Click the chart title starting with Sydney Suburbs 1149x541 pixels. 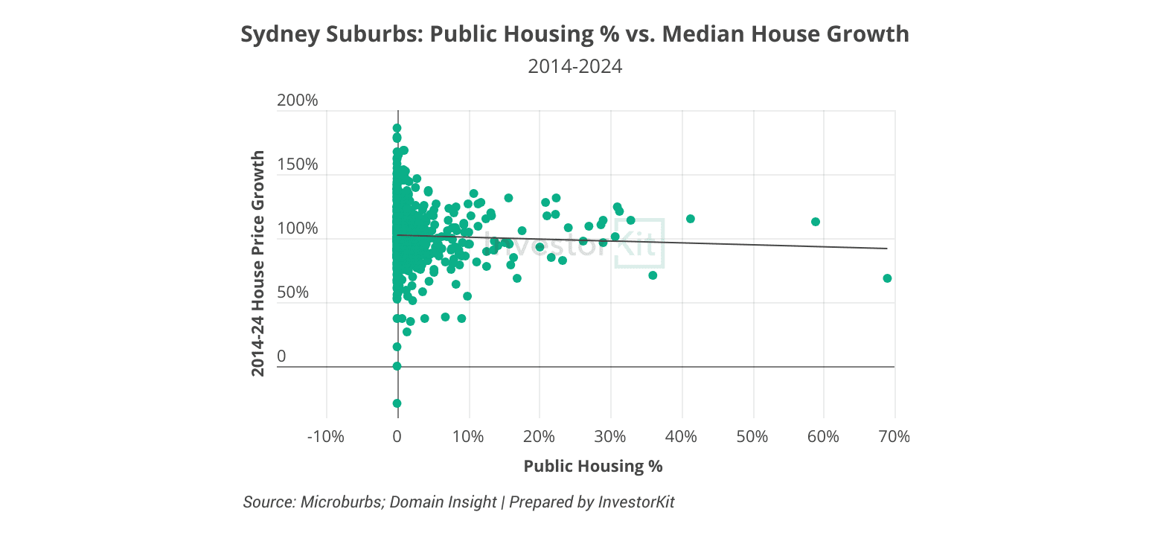point(574,34)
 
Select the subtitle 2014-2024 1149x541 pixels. point(574,66)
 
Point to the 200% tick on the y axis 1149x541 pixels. point(297,100)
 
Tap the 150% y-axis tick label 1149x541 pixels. point(297,164)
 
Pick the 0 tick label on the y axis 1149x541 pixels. point(281,356)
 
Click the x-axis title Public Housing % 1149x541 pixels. point(592,467)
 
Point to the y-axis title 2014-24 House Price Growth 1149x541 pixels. point(257,263)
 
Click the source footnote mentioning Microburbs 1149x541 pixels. point(458,502)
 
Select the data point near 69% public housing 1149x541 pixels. point(887,278)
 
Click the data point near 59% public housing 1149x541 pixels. point(816,222)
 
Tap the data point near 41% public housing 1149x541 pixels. point(690,219)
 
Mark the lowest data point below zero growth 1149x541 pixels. point(397,403)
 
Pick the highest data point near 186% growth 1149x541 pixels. point(397,128)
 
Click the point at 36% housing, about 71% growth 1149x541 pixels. point(653,275)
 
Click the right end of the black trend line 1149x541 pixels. point(887,249)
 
